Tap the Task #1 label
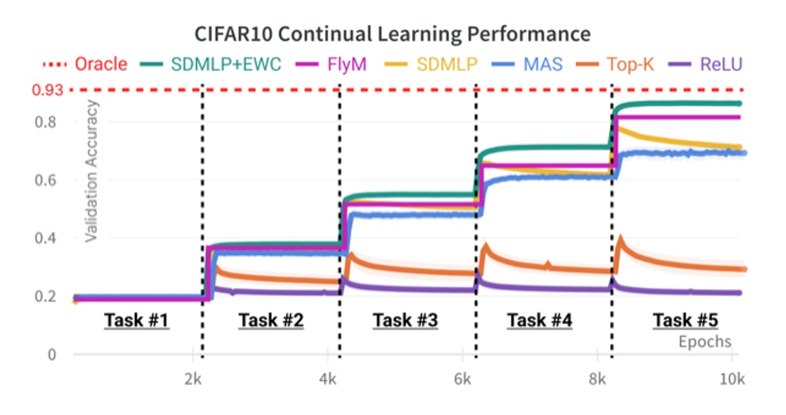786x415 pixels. pyautogui.click(x=137, y=321)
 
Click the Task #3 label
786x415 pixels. pyautogui.click(x=405, y=321)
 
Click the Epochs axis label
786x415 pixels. pyautogui.click(x=705, y=341)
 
